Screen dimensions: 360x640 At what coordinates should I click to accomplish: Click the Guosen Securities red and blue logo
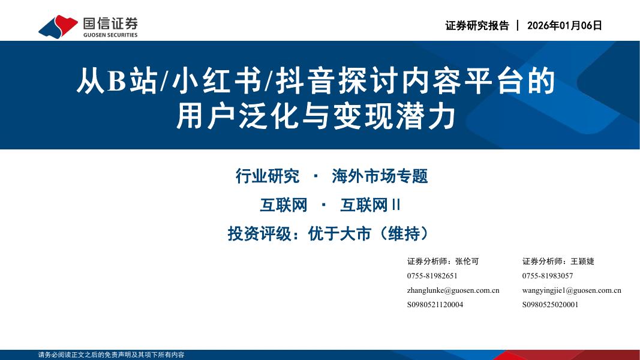click(x=58, y=26)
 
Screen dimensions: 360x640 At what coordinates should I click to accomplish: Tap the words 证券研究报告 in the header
click(x=477, y=25)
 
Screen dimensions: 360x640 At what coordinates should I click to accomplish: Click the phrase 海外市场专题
click(x=380, y=176)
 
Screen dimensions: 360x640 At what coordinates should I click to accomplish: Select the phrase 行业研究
click(x=268, y=176)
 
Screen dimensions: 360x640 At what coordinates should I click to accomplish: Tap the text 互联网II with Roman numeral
click(x=370, y=205)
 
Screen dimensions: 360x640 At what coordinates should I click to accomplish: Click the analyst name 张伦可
click(x=467, y=262)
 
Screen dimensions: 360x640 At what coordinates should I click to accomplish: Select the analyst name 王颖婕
click(x=582, y=262)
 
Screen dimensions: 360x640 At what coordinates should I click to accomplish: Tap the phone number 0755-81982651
click(x=432, y=276)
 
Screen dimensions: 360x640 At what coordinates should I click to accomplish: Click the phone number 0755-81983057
click(x=547, y=276)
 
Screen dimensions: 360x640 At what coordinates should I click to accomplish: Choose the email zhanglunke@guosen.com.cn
click(x=453, y=290)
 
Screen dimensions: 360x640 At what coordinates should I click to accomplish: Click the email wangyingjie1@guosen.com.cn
click(x=572, y=290)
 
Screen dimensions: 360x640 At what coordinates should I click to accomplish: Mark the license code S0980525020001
click(x=550, y=305)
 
